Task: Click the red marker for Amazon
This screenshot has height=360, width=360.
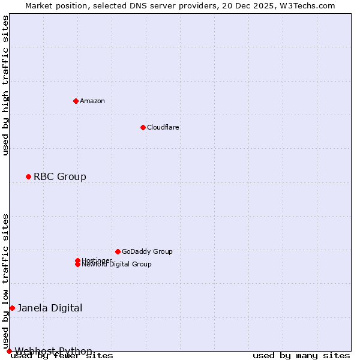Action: tap(76, 101)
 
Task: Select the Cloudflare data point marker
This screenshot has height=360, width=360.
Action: tap(143, 127)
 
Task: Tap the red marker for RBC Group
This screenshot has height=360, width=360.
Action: tap(28, 176)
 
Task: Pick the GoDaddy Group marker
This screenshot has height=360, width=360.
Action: tap(118, 251)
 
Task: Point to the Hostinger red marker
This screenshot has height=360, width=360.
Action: tap(77, 260)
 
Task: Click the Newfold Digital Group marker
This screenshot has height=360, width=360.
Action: tap(77, 265)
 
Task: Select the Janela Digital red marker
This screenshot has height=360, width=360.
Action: tap(12, 308)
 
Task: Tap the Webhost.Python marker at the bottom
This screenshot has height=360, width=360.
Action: tap(9, 351)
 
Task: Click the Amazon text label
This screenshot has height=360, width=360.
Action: tap(92, 101)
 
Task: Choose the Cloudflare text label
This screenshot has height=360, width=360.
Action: tap(163, 127)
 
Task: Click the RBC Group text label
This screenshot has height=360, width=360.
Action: tap(60, 176)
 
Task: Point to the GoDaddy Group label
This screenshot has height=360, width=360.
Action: tap(147, 251)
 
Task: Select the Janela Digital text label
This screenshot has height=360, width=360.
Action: tap(50, 308)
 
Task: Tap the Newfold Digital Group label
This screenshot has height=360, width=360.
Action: tap(117, 265)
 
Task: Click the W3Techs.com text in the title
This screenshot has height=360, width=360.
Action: tap(306, 6)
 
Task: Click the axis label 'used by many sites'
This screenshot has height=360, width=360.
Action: tap(301, 356)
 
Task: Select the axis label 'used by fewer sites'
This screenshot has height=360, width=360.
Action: tap(62, 356)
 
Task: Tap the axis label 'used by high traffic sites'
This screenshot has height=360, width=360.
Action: tap(6, 85)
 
